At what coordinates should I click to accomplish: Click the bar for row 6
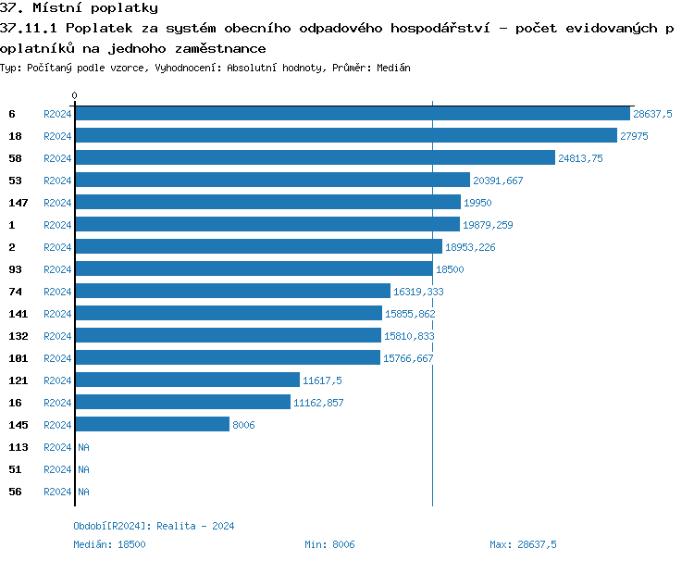coord(352,114)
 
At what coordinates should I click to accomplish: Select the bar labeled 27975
coord(345,136)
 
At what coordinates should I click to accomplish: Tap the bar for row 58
coord(315,158)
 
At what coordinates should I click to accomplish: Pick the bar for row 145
coord(152,425)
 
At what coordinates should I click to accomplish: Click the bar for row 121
coord(187,380)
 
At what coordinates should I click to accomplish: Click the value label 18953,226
coord(470,247)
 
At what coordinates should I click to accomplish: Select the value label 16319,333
coord(418,292)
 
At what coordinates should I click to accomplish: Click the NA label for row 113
coord(83,447)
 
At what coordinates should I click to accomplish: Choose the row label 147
coord(18,203)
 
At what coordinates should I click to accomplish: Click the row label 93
coord(15,269)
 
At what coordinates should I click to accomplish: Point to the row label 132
coord(18,336)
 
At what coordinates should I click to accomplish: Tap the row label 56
coord(15,492)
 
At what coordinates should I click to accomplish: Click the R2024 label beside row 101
coord(57,358)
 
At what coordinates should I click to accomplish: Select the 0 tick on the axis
coord(75,95)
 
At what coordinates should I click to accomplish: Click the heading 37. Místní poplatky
coord(79,8)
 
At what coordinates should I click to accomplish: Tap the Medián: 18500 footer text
coord(109,544)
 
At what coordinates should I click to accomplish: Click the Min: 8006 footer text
coord(329,544)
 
